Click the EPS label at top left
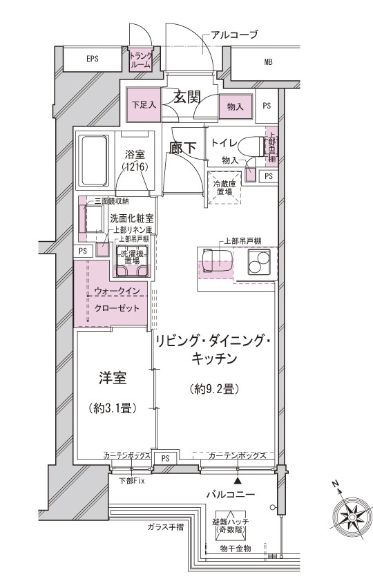pyautogui.click(x=93, y=59)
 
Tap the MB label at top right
pyautogui.click(x=268, y=63)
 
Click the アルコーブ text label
pyautogui.click(x=234, y=35)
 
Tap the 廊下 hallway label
pyautogui.click(x=183, y=146)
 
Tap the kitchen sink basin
pyautogui.click(x=215, y=260)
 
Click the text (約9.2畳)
pyautogui.click(x=213, y=390)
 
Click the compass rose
pyautogui.click(x=351, y=517)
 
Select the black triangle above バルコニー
pyautogui.click(x=238, y=480)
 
